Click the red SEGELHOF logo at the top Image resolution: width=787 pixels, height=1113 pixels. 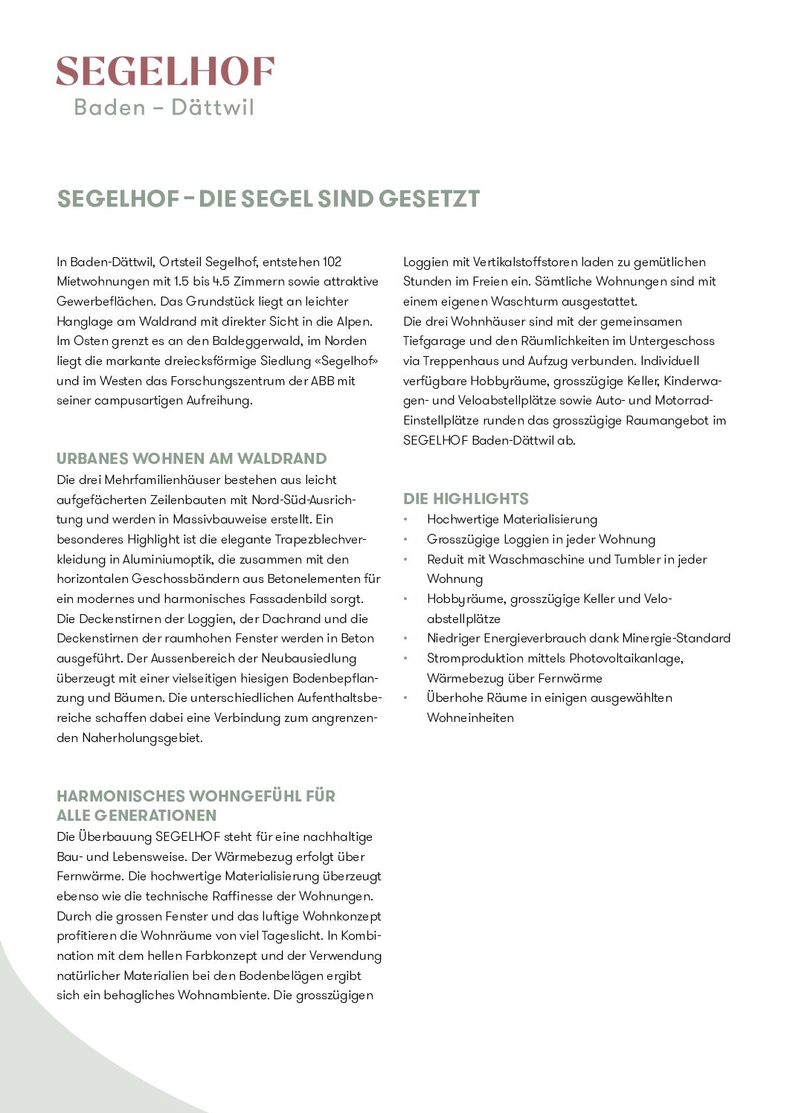165,72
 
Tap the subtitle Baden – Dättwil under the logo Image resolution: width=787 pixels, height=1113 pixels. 164,108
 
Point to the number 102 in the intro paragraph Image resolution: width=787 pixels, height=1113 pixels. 332,262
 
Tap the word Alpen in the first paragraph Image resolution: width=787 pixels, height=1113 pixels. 353,321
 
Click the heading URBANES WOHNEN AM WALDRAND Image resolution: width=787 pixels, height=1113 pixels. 191,459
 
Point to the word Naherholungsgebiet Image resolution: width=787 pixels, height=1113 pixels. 141,738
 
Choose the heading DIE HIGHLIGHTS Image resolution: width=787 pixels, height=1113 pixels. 466,499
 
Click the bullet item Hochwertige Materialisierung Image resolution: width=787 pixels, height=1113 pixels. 512,520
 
